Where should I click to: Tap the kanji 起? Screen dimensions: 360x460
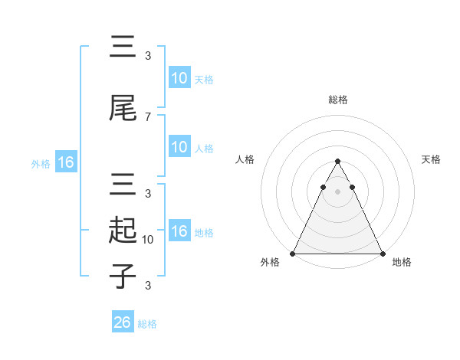tap(122, 231)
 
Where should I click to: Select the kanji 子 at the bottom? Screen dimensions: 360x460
tap(122, 276)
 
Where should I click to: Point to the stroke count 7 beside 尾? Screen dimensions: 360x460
tap(148, 116)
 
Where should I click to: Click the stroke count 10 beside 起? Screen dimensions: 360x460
tap(149, 239)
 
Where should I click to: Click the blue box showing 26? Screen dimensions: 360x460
tap(123, 322)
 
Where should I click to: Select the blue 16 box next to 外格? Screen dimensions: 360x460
tap(65, 162)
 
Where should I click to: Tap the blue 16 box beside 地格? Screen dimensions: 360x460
tap(179, 231)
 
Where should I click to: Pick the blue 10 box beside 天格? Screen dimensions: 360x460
tap(179, 78)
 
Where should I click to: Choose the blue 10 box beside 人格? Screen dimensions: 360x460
tap(179, 147)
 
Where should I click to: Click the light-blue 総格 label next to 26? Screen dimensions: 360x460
tap(147, 324)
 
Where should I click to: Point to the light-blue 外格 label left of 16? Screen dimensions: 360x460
tap(41, 163)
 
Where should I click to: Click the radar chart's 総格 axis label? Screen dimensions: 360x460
tap(337, 100)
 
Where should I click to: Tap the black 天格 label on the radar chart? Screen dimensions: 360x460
tap(432, 159)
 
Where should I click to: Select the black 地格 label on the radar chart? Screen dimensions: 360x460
tap(402, 263)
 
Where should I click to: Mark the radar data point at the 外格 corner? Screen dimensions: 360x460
tap(293, 254)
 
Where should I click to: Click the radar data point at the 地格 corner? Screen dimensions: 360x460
tap(382, 254)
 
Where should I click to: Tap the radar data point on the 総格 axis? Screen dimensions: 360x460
tap(337, 162)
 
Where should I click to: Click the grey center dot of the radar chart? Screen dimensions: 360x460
tap(337, 192)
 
